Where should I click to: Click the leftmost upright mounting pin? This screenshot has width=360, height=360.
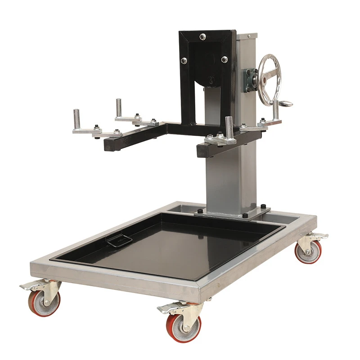tap(77, 118)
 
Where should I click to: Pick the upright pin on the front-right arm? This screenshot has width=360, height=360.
tap(229, 126)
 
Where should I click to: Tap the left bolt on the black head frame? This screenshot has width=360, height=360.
tap(184, 60)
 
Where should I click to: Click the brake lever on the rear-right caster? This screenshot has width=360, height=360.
tap(320, 236)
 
